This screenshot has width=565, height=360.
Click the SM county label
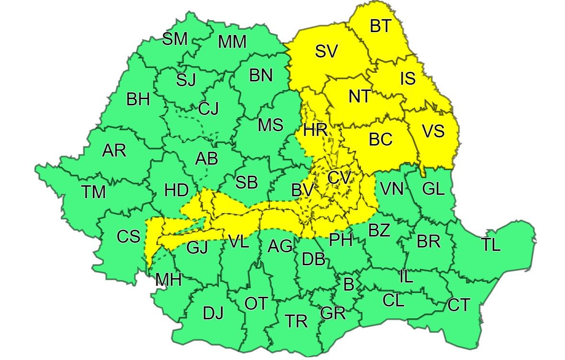click(175, 39)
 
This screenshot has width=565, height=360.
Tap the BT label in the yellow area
click(381, 26)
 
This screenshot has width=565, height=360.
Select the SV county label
click(327, 51)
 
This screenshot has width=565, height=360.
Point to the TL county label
click(491, 245)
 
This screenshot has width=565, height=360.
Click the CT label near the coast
click(459, 305)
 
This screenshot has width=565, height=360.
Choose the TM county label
click(93, 192)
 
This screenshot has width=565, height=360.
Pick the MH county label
click(168, 280)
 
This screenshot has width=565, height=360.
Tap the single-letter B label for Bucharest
click(349, 284)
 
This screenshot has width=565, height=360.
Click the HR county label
click(316, 129)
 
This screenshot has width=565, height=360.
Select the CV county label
click(339, 178)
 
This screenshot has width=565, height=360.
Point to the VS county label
click(433, 131)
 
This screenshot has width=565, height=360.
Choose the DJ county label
click(213, 314)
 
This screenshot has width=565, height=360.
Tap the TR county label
click(296, 321)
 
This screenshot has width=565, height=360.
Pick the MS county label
click(271, 125)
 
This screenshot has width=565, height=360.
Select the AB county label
click(206, 158)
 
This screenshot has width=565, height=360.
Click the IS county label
click(407, 78)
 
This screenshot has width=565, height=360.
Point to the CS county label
click(129, 236)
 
